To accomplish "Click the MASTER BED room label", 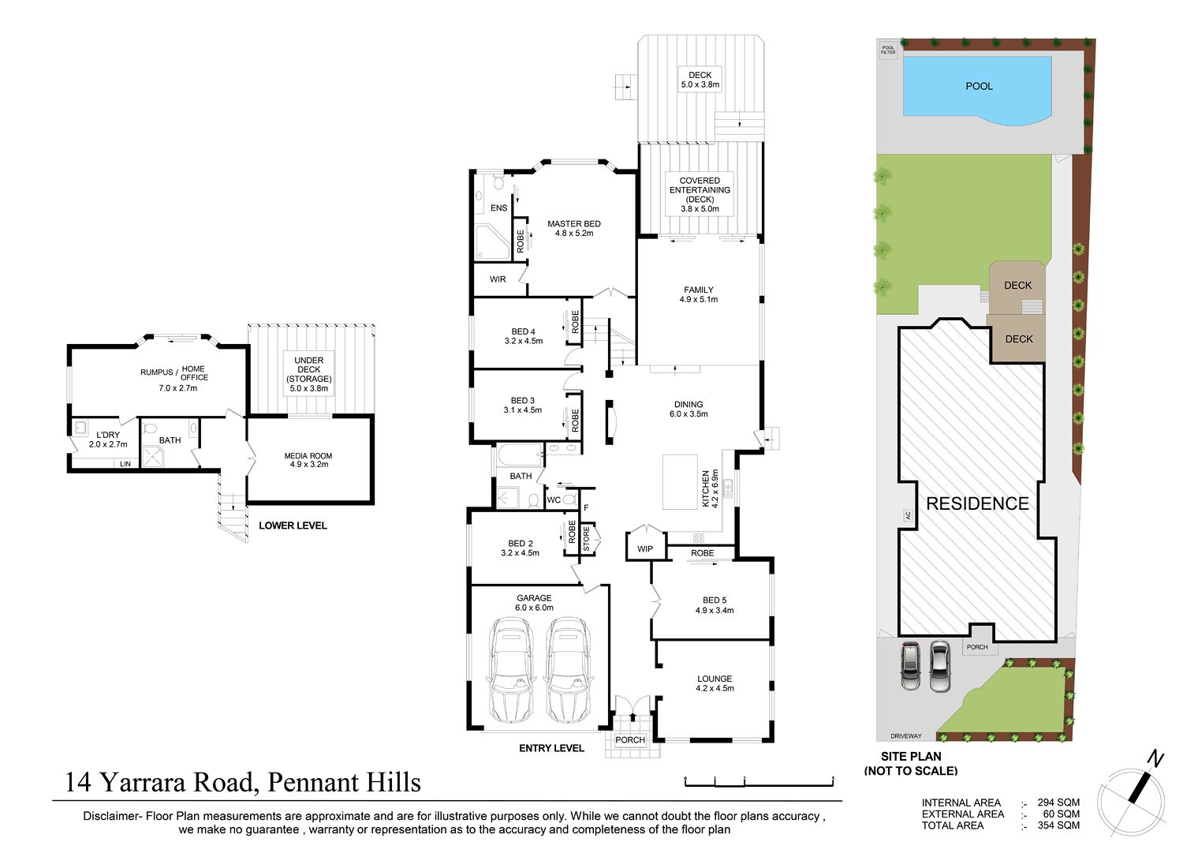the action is point(573,223).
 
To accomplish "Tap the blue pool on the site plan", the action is point(977,90).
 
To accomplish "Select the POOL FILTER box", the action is point(888,51).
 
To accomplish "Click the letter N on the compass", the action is point(1155,759).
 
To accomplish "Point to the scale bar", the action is point(759,782).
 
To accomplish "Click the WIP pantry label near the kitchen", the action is point(645,548).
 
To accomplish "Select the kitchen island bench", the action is point(680,481).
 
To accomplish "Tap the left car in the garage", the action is point(510,670).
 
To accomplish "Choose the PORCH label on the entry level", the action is point(630,740).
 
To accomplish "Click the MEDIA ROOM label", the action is point(308,455).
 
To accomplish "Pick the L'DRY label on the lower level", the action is point(108,435).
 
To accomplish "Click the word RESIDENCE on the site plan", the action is point(978,503).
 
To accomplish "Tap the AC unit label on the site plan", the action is point(907,515).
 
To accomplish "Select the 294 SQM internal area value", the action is point(1058,802).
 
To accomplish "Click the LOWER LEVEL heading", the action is point(293,526).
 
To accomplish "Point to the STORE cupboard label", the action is point(586,538).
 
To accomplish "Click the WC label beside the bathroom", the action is point(554,500).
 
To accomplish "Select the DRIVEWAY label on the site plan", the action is point(905,735).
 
